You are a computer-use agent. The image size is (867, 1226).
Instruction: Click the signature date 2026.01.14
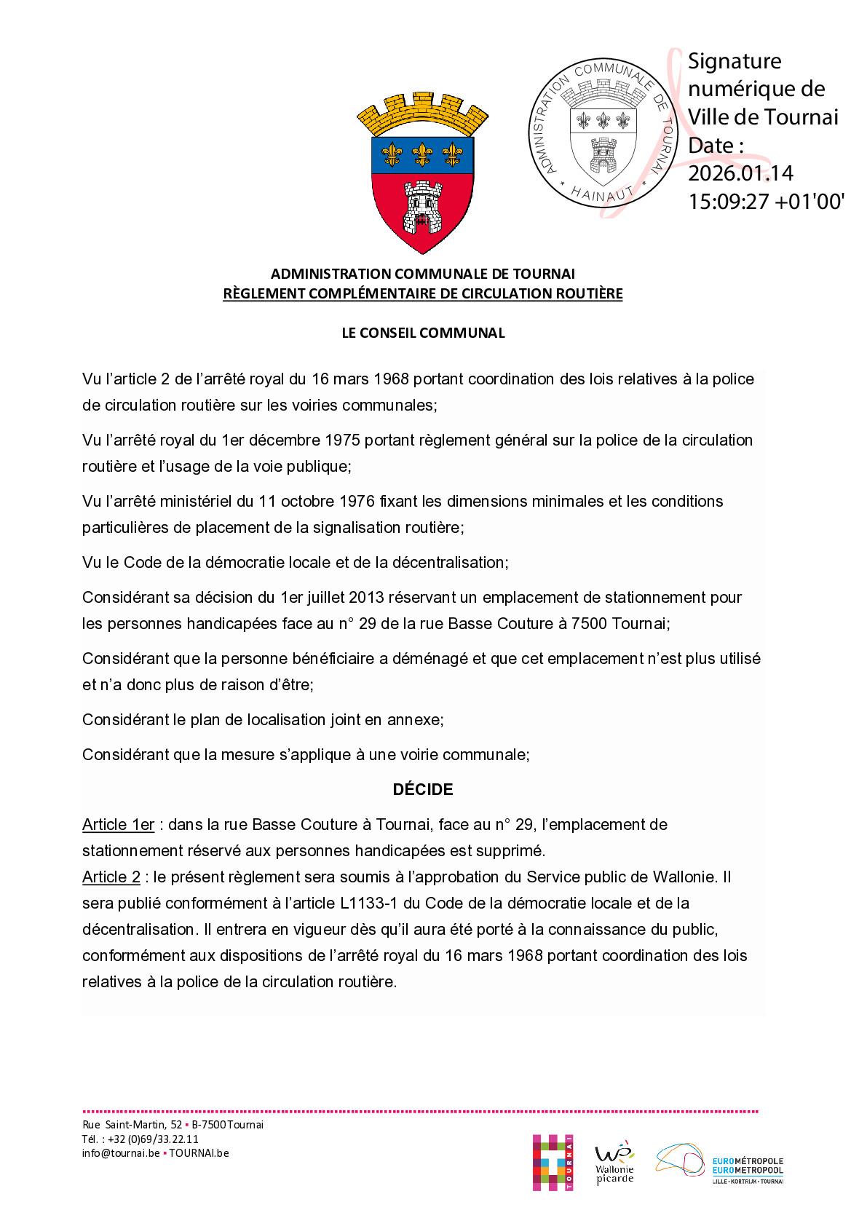click(740, 173)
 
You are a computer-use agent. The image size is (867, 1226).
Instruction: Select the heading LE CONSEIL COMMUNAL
click(423, 333)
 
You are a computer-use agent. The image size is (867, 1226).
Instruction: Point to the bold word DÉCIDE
click(423, 789)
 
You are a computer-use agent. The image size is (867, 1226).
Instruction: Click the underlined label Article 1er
click(118, 825)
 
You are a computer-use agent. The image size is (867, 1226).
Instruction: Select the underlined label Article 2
click(111, 877)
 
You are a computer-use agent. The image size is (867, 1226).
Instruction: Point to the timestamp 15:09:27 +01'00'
click(766, 202)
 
